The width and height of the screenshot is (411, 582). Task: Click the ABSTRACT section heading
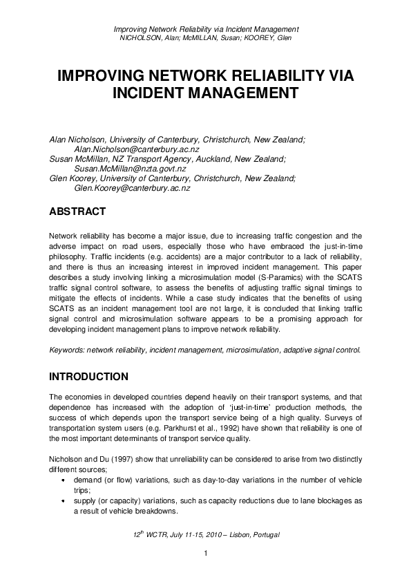77,211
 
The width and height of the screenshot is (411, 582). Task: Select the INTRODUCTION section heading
88,377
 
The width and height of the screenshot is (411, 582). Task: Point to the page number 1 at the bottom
205,554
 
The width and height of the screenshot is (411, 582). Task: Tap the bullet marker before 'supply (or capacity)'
63,501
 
